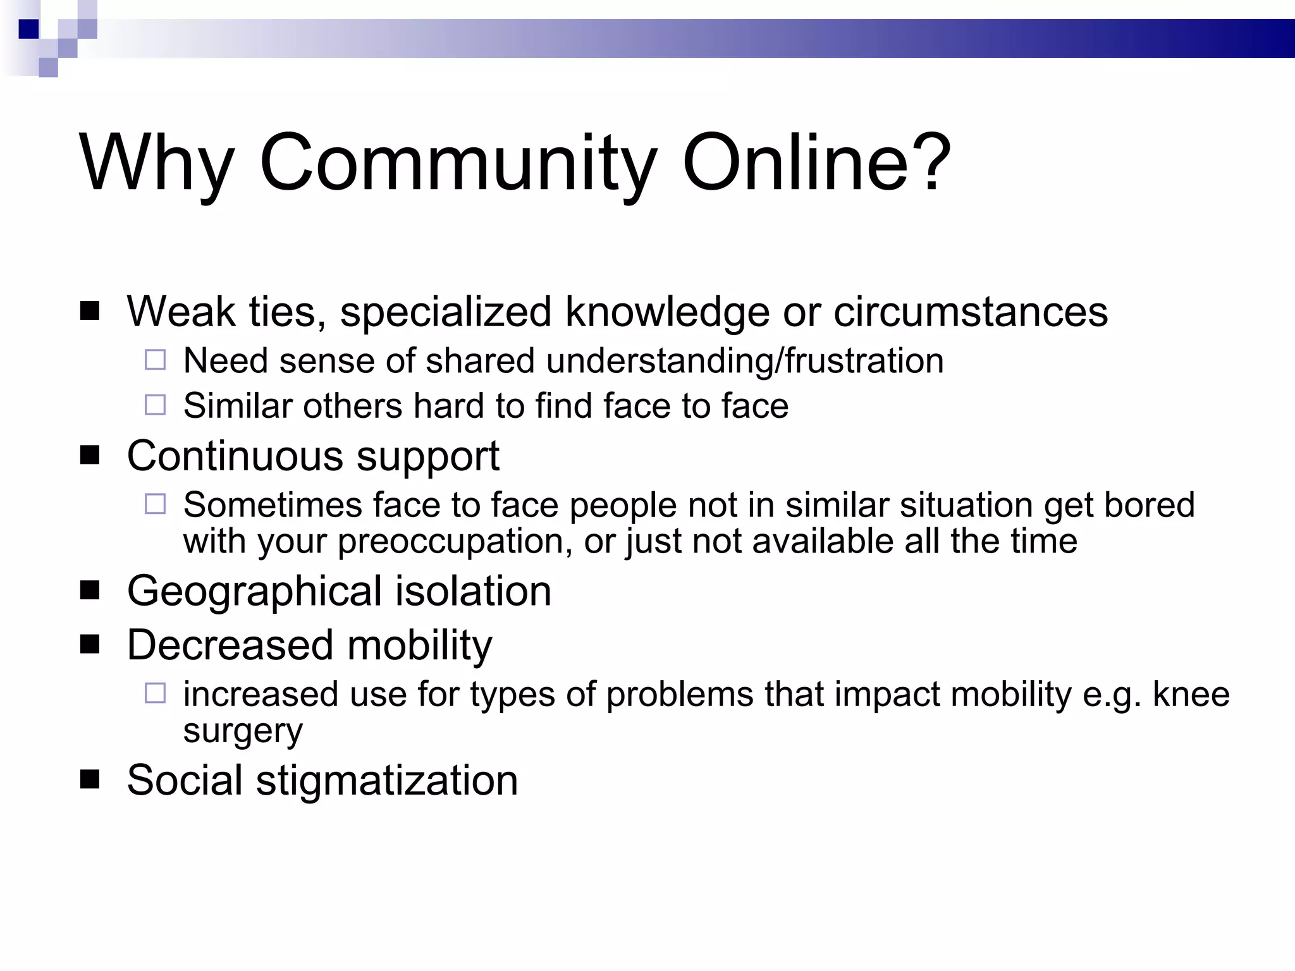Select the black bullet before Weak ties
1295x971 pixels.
click(90, 311)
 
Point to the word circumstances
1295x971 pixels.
click(970, 311)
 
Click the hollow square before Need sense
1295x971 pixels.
click(155, 360)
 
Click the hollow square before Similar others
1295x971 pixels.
click(155, 405)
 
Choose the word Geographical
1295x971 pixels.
click(255, 592)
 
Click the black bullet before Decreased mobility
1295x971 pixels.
click(90, 645)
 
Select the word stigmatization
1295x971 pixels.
click(386, 780)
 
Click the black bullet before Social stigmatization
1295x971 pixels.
click(90, 780)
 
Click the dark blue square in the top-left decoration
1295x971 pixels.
click(29, 29)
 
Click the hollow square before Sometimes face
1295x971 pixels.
click(155, 504)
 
